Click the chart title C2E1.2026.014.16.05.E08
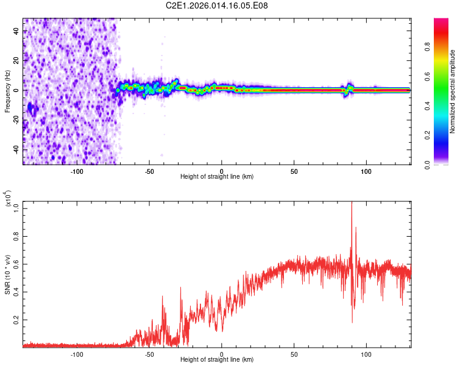[217, 5]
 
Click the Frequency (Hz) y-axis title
[7, 91]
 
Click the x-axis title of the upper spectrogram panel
[217, 176]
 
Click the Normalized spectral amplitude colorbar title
[453, 91]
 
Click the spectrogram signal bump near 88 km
[349, 87]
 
